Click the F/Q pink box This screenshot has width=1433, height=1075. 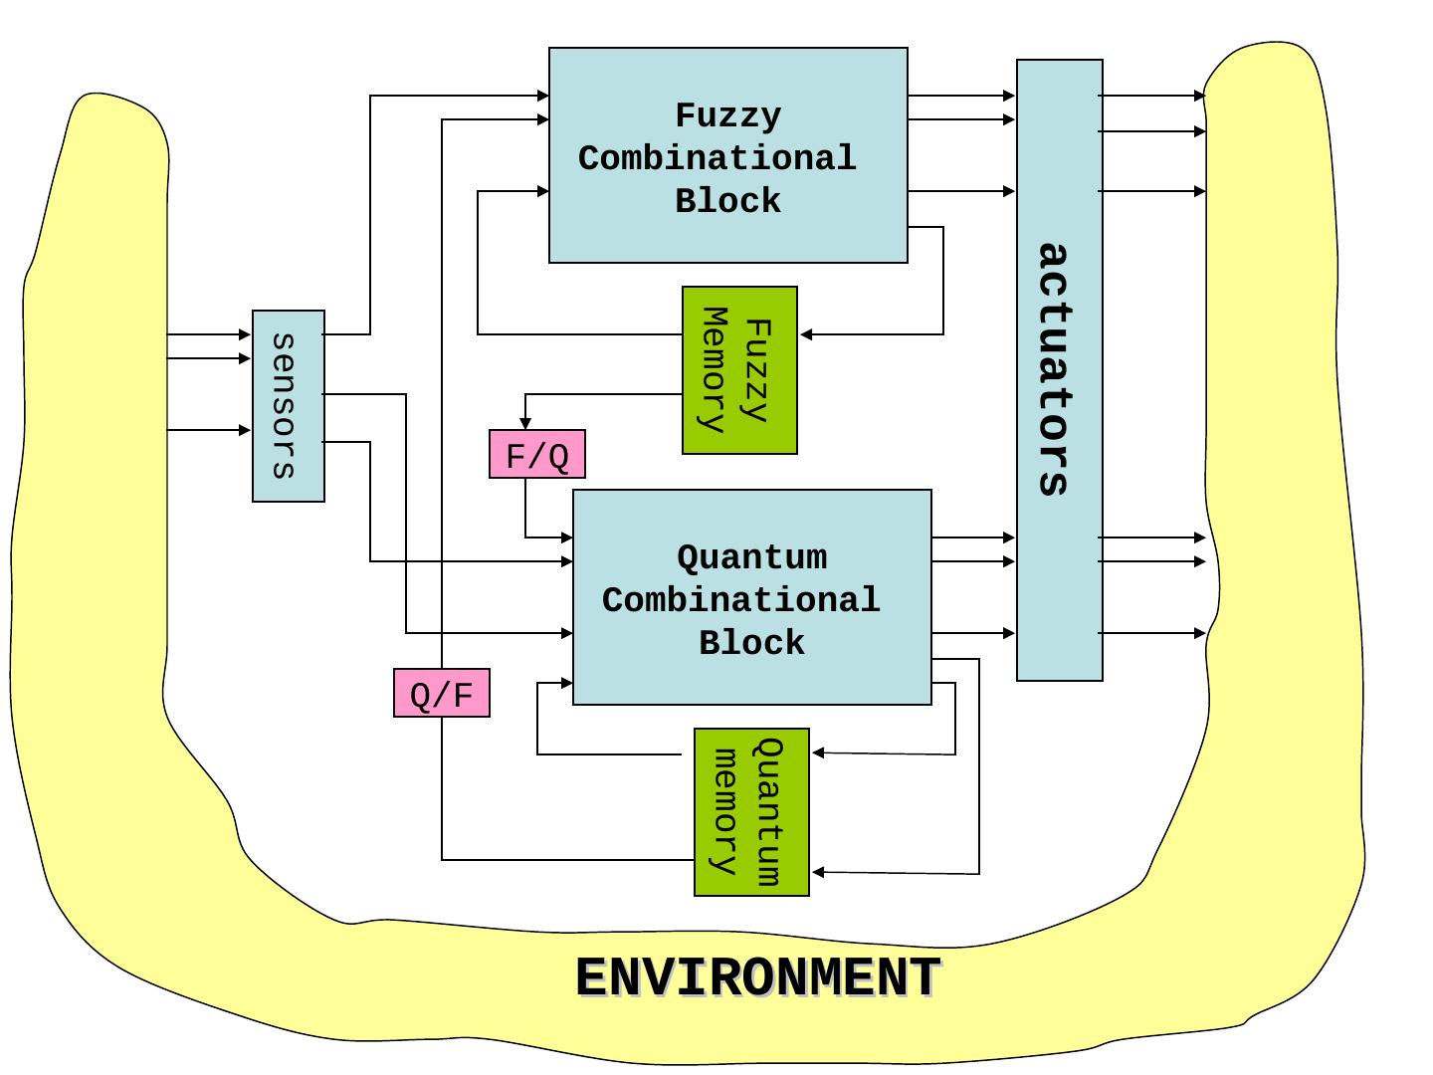(536, 455)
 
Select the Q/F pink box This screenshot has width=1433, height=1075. (441, 693)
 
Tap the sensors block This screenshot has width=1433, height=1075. (288, 406)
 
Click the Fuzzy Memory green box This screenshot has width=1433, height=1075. (739, 370)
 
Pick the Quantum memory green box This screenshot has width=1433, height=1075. (751, 812)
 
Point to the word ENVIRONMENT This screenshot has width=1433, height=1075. (757, 977)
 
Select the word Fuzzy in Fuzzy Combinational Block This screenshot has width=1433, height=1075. (727, 115)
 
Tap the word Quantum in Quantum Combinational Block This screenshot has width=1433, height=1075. (751, 557)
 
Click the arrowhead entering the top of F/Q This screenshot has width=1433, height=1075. (525, 424)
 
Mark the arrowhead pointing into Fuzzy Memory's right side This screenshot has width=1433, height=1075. (807, 334)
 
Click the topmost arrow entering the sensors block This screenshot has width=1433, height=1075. (245, 334)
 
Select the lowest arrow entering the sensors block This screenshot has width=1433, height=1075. (245, 430)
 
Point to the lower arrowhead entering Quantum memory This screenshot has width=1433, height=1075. (819, 873)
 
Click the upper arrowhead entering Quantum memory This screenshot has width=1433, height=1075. (819, 753)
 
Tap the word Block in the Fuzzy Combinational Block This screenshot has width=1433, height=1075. (727, 202)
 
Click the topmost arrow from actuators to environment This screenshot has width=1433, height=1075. (1199, 97)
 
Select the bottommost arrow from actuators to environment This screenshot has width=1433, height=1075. (1199, 633)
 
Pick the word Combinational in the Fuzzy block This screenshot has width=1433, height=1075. (716, 159)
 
